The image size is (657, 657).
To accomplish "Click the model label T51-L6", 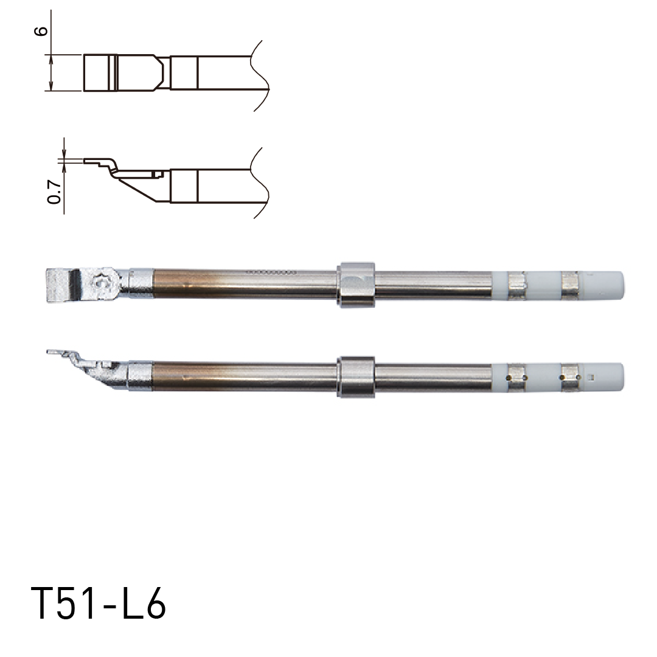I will pyautogui.click(x=98, y=604).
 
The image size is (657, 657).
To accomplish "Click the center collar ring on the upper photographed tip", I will pyautogui.click(x=356, y=285).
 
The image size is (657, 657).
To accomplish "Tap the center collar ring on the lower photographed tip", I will pyautogui.click(x=356, y=377).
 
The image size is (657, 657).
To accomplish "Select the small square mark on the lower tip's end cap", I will pyautogui.click(x=589, y=379).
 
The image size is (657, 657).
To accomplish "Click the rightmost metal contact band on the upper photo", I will pyautogui.click(x=571, y=285).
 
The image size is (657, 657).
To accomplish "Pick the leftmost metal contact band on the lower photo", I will pyautogui.click(x=517, y=377).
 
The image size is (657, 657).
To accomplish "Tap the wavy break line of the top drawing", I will pyautogui.click(x=260, y=75).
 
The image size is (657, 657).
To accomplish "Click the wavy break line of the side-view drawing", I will pyautogui.click(x=260, y=182).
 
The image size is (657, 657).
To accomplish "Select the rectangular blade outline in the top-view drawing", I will pyautogui.click(x=99, y=73).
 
